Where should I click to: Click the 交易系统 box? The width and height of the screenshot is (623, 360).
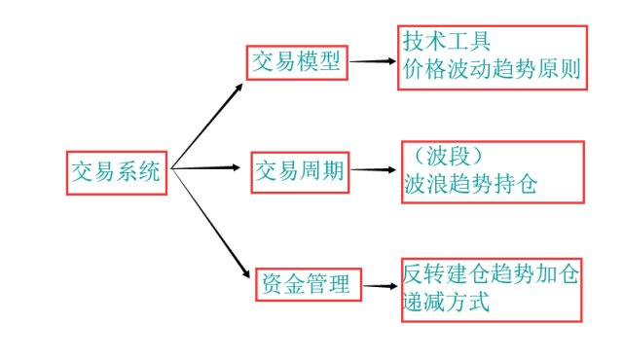coord(118,171)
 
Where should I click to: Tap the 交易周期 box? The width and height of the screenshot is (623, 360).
coord(300,171)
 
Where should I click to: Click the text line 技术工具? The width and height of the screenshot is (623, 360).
coord(447,43)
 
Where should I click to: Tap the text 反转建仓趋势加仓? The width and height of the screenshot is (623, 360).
coord(491,274)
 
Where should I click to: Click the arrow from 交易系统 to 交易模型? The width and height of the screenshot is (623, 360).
coord(208,124)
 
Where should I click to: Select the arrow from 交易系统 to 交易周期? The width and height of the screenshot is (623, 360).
coord(206,169)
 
